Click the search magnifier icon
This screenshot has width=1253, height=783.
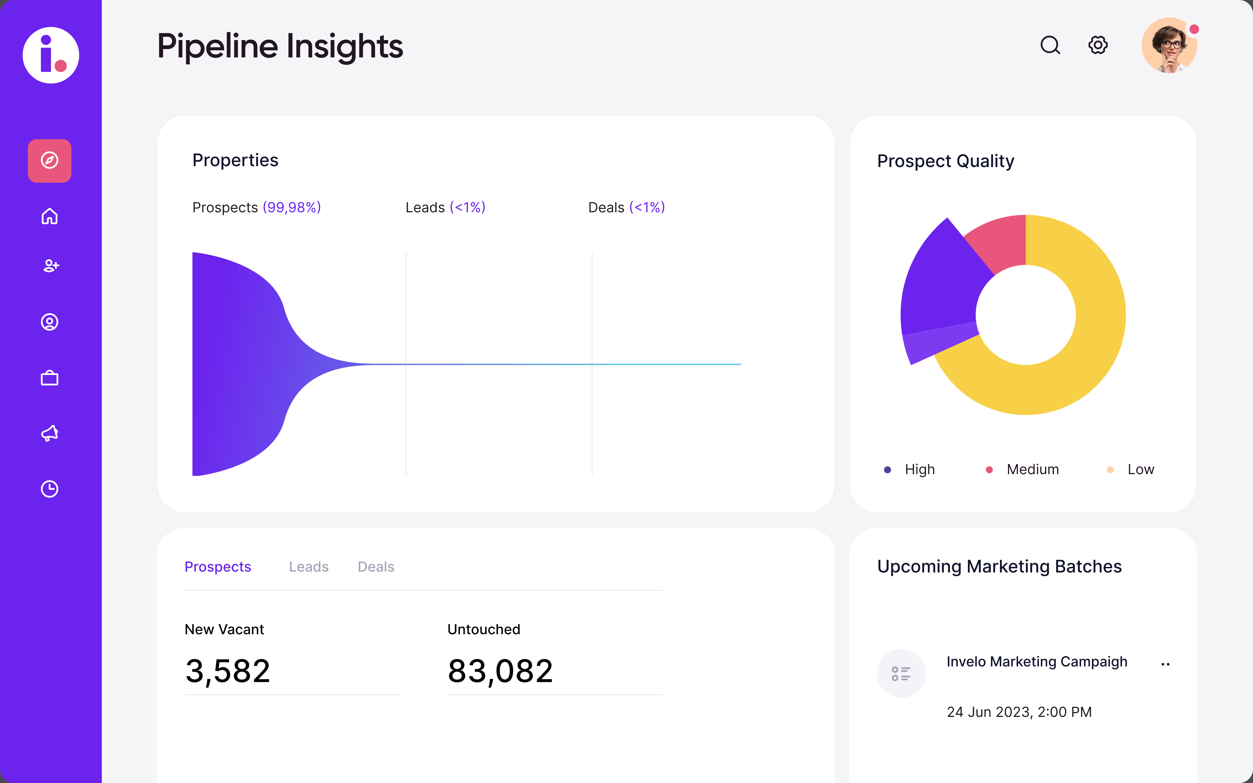pyautogui.click(x=1050, y=45)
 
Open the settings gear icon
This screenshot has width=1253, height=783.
pyautogui.click(x=1098, y=45)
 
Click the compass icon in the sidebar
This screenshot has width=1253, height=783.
pyautogui.click(x=50, y=161)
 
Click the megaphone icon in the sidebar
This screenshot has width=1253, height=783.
pyautogui.click(x=50, y=433)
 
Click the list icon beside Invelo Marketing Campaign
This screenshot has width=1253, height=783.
pyautogui.click(x=901, y=673)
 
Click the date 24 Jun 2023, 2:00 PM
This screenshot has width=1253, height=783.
pyautogui.click(x=1019, y=712)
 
